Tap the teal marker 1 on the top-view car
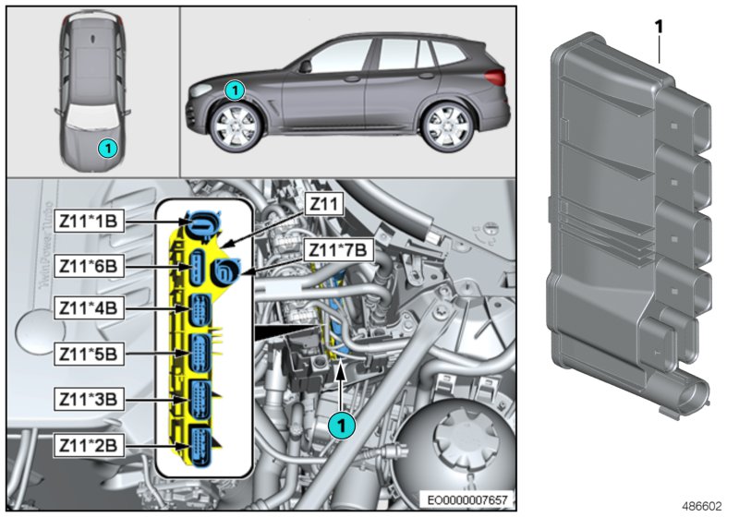tap(108, 147)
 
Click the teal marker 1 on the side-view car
tap(235, 90)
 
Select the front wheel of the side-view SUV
tap(234, 127)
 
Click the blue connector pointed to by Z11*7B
tap(224, 270)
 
